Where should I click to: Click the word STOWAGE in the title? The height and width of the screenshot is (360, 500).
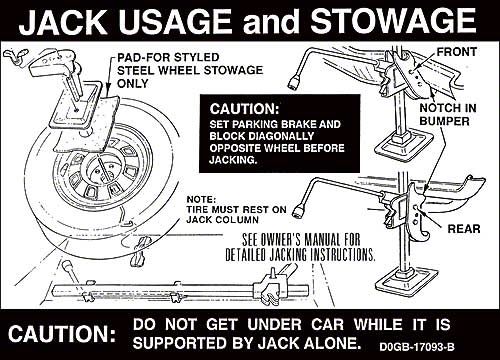click(x=393, y=21)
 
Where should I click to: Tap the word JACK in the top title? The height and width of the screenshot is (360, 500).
click(x=63, y=21)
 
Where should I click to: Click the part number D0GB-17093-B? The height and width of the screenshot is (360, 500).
click(x=417, y=347)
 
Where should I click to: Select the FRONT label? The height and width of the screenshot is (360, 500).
click(x=457, y=52)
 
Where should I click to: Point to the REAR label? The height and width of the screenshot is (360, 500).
click(x=464, y=229)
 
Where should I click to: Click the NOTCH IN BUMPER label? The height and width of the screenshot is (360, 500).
click(x=448, y=114)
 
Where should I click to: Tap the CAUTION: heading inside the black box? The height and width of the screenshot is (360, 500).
click(x=244, y=109)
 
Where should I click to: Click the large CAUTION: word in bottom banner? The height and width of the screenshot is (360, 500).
click(x=62, y=334)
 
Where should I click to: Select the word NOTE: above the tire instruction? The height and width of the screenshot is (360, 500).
click(x=201, y=199)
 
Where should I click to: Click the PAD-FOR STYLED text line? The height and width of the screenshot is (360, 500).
click(x=168, y=57)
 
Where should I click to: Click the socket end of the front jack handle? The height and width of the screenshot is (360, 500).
click(x=293, y=83)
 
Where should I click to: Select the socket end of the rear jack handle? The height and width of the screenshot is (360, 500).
click(x=298, y=210)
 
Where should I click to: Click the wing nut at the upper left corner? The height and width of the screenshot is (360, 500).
click(x=16, y=55)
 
